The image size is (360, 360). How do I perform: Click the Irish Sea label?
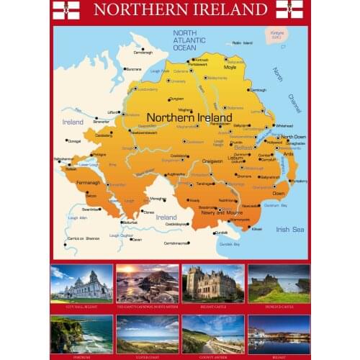[x=291, y=229]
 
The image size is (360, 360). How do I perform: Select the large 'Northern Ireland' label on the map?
[x=189, y=117]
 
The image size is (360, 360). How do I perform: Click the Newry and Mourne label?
[x=220, y=212]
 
